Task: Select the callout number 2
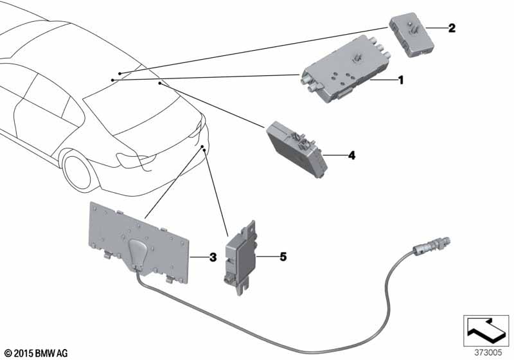(452, 28)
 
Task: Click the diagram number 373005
(489, 352)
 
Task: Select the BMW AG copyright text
(30, 353)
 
